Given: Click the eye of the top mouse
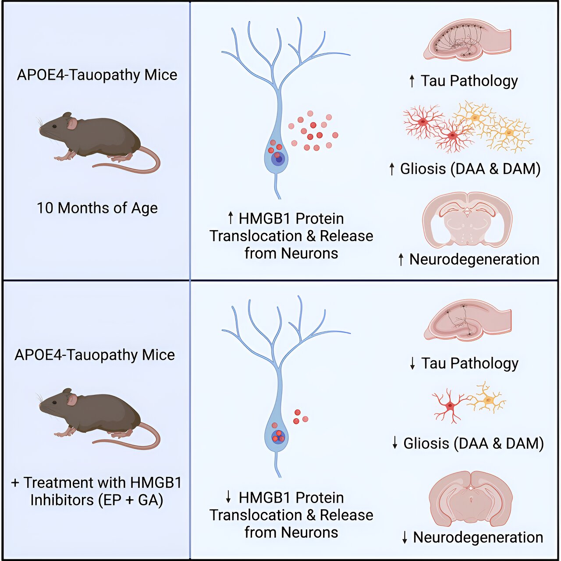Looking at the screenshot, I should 54,126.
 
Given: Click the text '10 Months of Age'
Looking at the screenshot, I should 97,208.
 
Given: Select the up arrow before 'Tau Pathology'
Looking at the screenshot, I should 412,81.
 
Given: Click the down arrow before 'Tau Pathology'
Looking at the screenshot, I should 412,363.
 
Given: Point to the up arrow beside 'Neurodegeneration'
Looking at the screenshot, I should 401,259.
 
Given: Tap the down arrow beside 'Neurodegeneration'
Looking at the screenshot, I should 405,537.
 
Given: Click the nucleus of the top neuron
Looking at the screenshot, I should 278,158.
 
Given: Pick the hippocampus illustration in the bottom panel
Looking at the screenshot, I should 467,320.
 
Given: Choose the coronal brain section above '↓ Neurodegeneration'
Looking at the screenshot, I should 470,498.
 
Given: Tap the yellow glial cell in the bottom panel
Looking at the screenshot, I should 488,398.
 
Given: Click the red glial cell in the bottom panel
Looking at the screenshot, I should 450,406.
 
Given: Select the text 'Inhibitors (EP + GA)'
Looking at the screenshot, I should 97,500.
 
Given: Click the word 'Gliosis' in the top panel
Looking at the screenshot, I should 423,169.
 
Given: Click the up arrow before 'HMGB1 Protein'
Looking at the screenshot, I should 231,218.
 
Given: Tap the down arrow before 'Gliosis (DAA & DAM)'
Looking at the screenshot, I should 394,443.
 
